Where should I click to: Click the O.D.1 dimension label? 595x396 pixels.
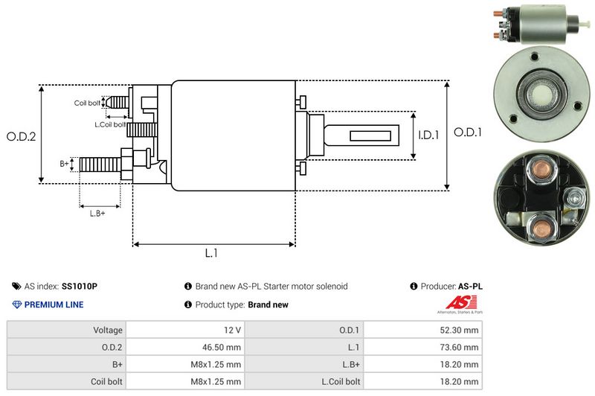pos(469,132)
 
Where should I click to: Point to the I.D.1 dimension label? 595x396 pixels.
pos(430,135)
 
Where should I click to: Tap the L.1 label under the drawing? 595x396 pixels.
pos(211,253)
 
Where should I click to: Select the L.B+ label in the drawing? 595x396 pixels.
pos(97,214)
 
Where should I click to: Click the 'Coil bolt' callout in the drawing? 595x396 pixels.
pos(86,103)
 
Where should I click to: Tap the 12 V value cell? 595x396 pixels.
pos(231,329)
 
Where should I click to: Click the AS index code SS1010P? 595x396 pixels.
pos(80,286)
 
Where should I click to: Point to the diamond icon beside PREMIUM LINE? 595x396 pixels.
pos(16,304)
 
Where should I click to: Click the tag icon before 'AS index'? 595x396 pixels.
pos(16,286)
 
